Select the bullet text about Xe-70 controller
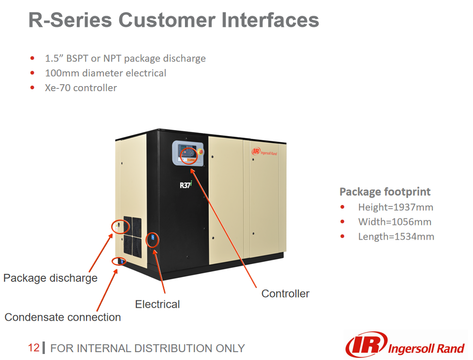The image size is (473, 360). click(81, 87)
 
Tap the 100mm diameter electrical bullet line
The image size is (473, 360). click(105, 73)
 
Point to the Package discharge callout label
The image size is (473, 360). click(50, 278)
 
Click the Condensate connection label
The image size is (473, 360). click(63, 317)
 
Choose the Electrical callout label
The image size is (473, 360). click(157, 304)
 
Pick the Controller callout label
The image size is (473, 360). click(285, 293)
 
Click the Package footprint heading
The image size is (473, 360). click(385, 192)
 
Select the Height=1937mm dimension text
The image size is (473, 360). click(395, 207)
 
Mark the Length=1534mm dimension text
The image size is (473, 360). click(396, 236)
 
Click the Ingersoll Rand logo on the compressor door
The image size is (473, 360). click(264, 151)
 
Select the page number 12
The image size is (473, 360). click(34, 348)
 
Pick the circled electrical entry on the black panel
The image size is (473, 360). click(152, 240)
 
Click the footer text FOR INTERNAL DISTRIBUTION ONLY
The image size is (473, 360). click(147, 348)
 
